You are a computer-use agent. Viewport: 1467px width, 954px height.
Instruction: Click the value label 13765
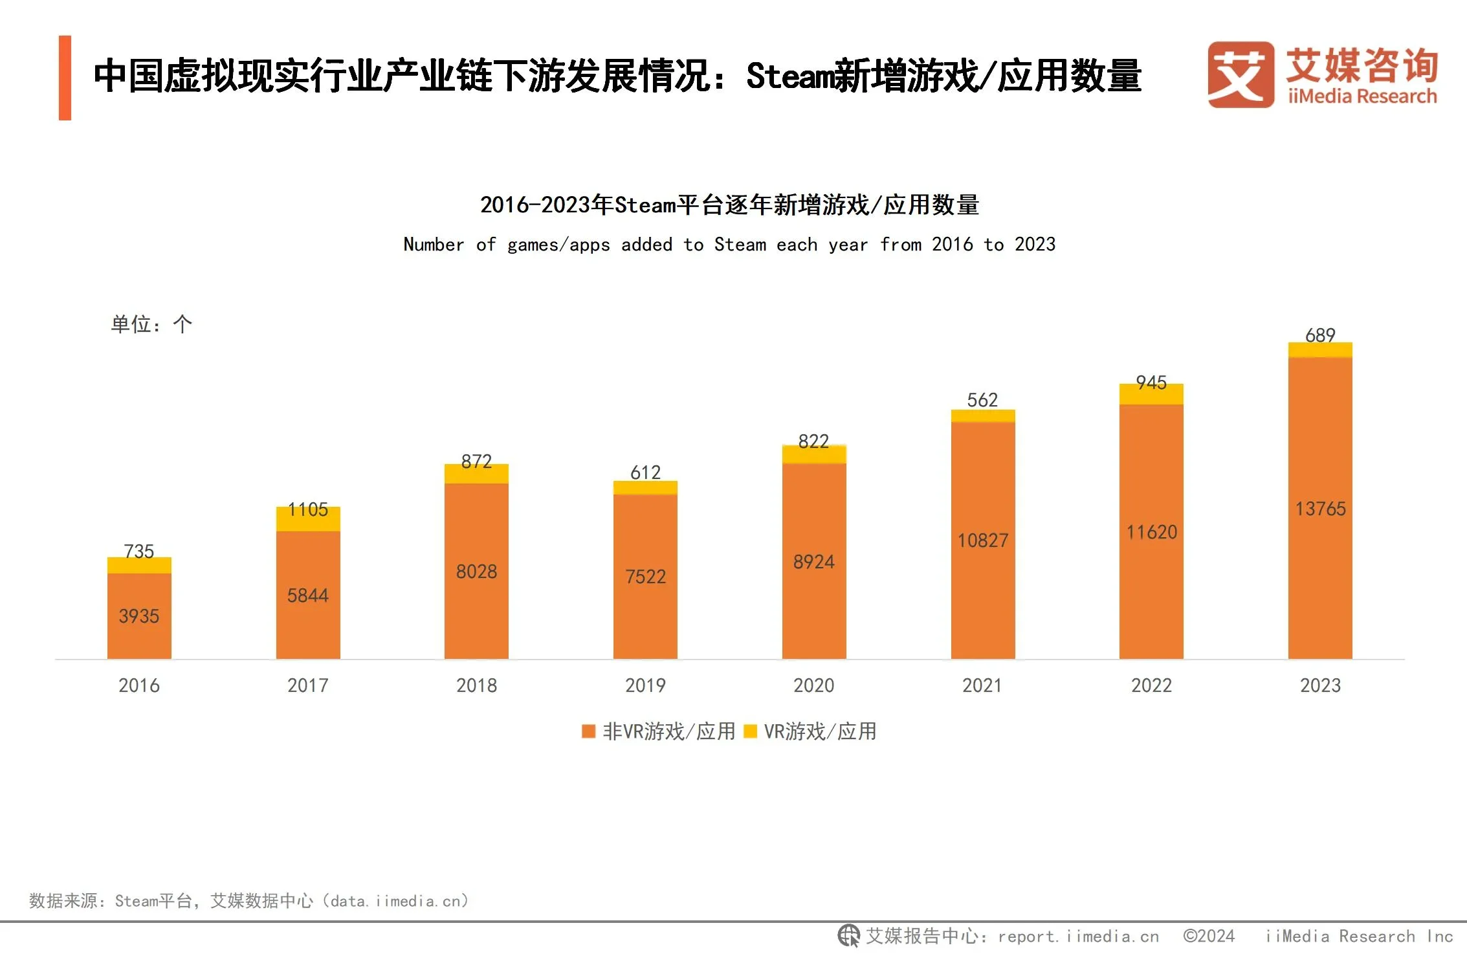coord(1320,509)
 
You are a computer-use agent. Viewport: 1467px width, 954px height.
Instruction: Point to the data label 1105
coord(308,509)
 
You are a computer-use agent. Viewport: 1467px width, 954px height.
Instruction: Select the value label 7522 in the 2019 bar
coord(645,576)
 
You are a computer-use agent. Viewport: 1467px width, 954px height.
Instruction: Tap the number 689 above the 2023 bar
coord(1320,335)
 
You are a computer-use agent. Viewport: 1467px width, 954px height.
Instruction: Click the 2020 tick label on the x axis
coord(813,685)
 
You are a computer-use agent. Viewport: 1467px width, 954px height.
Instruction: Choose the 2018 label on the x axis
coord(476,685)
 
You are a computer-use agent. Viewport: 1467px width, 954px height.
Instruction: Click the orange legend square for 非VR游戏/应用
coord(588,731)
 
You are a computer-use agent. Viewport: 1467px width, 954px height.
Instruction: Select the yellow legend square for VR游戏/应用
coord(751,731)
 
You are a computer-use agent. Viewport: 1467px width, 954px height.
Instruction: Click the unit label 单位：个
coord(151,324)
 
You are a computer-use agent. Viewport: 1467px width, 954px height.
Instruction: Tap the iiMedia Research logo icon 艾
coord(1240,75)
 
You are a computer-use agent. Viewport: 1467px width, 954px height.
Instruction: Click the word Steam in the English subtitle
coord(740,245)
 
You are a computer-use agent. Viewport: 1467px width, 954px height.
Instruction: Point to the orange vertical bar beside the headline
coord(65,78)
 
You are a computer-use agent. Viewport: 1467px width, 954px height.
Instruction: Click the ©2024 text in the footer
coord(1208,936)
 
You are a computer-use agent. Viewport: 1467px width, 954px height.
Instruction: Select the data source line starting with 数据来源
coord(248,900)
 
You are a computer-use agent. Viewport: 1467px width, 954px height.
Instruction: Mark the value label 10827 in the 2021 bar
coord(982,540)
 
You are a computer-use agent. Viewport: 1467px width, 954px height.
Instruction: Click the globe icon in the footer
coord(848,936)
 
